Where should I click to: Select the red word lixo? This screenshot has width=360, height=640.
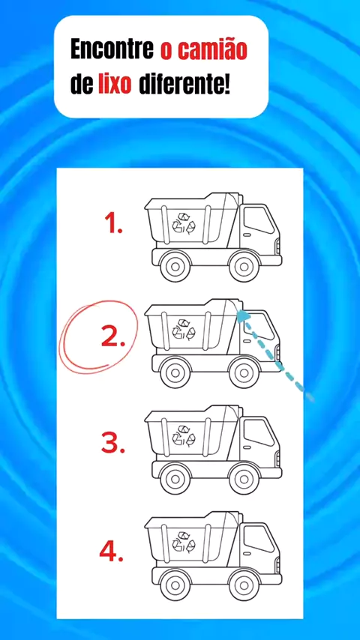tap(115, 85)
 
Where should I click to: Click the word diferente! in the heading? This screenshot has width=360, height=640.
tap(184, 85)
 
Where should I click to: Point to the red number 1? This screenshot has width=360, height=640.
tap(113, 223)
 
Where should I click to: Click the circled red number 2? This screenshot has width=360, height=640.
tap(113, 337)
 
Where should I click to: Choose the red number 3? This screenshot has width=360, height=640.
tap(113, 444)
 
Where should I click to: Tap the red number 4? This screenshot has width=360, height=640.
tap(112, 551)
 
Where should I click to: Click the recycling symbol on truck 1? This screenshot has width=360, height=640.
tap(184, 223)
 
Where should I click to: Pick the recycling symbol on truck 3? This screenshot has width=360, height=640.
tap(184, 435)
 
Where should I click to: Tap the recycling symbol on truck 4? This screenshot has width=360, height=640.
tap(184, 542)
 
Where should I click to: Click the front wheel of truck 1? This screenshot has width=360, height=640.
tap(244, 267)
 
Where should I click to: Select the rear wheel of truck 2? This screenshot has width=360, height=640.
tap(175, 372)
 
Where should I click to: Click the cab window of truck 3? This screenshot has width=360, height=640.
tap(258, 432)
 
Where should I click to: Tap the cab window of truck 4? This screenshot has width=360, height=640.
tap(258, 538)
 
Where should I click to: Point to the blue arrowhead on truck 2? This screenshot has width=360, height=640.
tap(244, 316)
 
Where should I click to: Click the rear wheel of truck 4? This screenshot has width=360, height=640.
tap(175, 585)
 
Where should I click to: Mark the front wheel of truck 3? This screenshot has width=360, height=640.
tap(244, 479)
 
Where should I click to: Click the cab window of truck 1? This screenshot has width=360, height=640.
tap(258, 220)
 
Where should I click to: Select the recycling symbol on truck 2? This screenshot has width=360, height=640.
tap(184, 329)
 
